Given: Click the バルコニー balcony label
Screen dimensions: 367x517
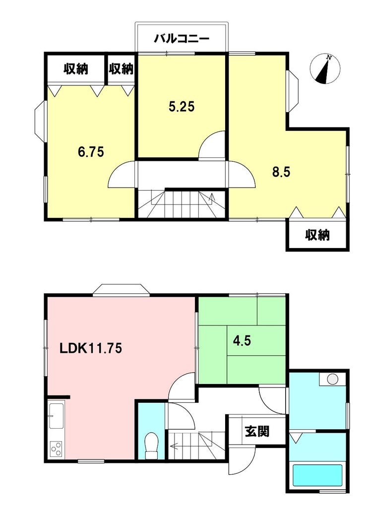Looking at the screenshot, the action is pyautogui.click(x=182, y=39).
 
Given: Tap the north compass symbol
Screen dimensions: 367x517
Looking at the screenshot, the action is pyautogui.click(x=325, y=69).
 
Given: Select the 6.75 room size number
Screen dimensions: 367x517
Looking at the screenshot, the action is pyautogui.click(x=91, y=152).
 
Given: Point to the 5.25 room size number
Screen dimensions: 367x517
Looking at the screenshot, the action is pyautogui.click(x=182, y=106).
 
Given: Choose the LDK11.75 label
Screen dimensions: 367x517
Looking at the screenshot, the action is pyautogui.click(x=91, y=348).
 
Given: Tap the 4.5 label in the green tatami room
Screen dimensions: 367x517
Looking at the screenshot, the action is pyautogui.click(x=242, y=340).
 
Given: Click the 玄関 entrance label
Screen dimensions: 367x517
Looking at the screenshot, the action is pyautogui.click(x=257, y=431).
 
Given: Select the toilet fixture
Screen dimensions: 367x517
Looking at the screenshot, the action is pyautogui.click(x=152, y=445).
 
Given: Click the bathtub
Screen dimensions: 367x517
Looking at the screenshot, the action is pyautogui.click(x=317, y=475).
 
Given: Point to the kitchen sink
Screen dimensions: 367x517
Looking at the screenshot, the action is pyautogui.click(x=57, y=416).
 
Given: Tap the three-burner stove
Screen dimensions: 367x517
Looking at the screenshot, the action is pyautogui.click(x=57, y=449).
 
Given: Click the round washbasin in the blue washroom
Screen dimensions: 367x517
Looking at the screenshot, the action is pyautogui.click(x=332, y=379).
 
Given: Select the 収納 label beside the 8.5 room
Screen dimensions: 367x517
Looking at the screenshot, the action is pyautogui.click(x=317, y=235).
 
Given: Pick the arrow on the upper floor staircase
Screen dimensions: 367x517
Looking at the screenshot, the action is pyautogui.click(x=212, y=199).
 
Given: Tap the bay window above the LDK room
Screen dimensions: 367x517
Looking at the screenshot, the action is pyautogui.click(x=121, y=289).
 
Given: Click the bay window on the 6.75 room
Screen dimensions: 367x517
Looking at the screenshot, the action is pyautogui.click(x=41, y=122).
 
